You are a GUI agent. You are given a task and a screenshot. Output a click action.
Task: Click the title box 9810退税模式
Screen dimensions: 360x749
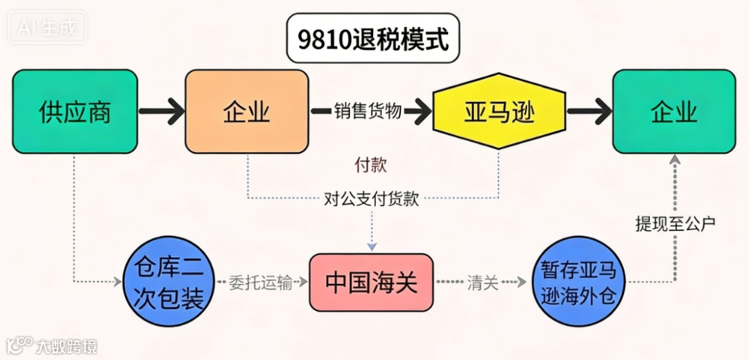tap(373, 39)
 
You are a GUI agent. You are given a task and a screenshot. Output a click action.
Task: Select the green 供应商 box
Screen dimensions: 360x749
tap(75, 111)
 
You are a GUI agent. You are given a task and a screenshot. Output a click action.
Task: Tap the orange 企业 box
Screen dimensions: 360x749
tap(246, 111)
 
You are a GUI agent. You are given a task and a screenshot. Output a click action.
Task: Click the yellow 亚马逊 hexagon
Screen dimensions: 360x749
tap(499, 111)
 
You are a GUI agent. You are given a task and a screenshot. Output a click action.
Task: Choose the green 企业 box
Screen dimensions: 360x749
tap(673, 111)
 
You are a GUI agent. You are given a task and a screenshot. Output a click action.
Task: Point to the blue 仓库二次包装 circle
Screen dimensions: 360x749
tap(168, 283)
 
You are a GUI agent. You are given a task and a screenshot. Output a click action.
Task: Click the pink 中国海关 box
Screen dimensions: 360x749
tap(371, 283)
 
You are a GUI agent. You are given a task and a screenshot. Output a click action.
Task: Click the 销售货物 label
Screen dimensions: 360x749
tap(368, 111)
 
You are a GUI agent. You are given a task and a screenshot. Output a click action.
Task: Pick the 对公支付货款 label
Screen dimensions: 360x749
tap(372, 199)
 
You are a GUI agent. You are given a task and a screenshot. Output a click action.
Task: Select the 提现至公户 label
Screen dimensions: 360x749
tap(674, 223)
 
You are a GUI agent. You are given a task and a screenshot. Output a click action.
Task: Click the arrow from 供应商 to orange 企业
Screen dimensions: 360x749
tap(161, 111)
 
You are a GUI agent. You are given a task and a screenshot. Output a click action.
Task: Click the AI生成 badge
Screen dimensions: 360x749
tap(48, 28)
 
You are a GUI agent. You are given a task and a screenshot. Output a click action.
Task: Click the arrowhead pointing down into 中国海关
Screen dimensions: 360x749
tap(372, 246)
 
